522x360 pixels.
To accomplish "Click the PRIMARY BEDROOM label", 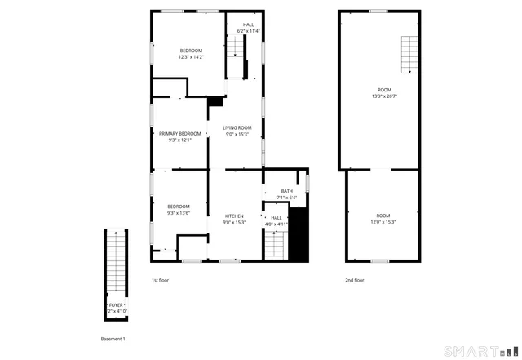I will point(179,133).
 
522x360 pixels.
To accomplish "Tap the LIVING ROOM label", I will point(237,127).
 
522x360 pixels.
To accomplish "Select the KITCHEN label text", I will point(234,216).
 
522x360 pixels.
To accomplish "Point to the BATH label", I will point(286,191).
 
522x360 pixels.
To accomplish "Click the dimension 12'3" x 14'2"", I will point(192,57).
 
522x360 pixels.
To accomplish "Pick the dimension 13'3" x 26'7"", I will point(383,96).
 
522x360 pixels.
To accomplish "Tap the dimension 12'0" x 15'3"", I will point(383,222).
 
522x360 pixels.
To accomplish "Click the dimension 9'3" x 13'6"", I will point(179,213).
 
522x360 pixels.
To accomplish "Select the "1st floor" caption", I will point(161,280).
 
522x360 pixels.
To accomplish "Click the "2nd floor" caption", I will point(354,280).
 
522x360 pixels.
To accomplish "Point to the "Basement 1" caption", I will point(113,338).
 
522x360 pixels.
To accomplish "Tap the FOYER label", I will point(116,304).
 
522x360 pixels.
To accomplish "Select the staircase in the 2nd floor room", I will point(408,56).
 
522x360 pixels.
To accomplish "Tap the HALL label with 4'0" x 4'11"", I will point(276,217).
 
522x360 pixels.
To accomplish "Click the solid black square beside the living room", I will point(216,101).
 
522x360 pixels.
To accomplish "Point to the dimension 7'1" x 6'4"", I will point(286,197).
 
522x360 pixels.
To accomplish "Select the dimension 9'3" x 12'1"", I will point(179,140).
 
